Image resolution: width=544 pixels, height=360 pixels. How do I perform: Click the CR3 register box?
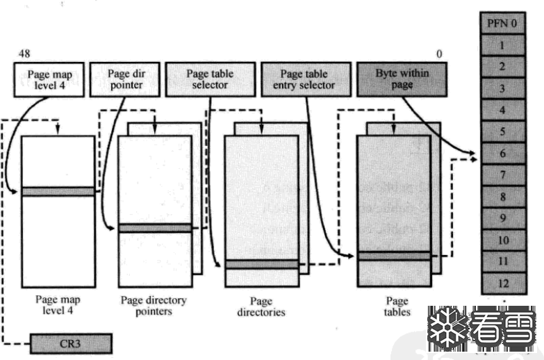pyautogui.click(x=70, y=343)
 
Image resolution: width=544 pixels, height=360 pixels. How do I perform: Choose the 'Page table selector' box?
pyautogui.click(x=209, y=79)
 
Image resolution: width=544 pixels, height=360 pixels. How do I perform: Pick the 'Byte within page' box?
pyautogui.click(x=402, y=79)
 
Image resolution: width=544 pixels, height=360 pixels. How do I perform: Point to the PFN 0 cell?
pyautogui.click(x=502, y=24)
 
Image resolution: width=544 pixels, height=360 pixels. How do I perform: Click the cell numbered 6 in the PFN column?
pyautogui.click(x=502, y=153)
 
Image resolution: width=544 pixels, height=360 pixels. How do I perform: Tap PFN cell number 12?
pyautogui.click(x=502, y=283)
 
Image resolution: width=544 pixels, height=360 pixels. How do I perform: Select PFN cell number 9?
pyautogui.click(x=502, y=218)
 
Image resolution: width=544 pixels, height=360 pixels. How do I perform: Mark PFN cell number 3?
pyautogui.click(x=502, y=88)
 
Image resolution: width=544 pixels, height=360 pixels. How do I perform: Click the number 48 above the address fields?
pyautogui.click(x=25, y=52)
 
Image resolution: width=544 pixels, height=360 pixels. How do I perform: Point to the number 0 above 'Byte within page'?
pyautogui.click(x=439, y=52)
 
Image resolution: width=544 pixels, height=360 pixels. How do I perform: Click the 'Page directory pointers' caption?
pyautogui.click(x=154, y=306)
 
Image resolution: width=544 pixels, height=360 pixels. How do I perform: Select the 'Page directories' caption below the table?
pyautogui.click(x=261, y=307)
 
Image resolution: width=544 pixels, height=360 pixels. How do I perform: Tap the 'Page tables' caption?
pyautogui.click(x=397, y=306)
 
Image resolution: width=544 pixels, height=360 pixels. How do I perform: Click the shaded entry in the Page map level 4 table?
pyautogui.click(x=58, y=192)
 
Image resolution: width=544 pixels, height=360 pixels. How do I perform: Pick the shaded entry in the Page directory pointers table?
pyautogui.click(x=154, y=228)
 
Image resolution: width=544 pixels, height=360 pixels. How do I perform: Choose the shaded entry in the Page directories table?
pyautogui.click(x=261, y=264)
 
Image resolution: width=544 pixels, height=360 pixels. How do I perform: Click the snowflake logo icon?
pyautogui.click(x=447, y=327)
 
